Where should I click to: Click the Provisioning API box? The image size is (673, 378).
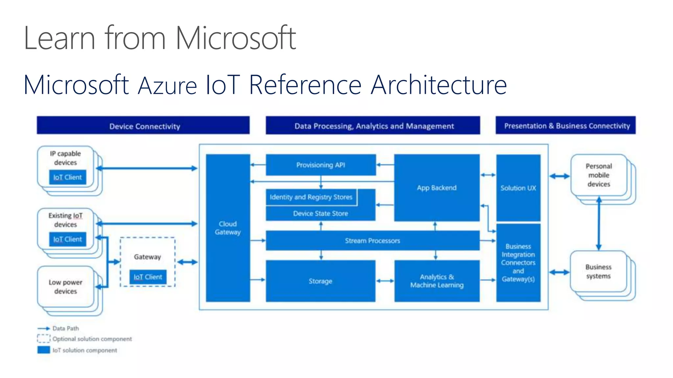point(321,165)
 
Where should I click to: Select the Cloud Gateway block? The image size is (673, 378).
point(228,228)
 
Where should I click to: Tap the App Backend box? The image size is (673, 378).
point(437,188)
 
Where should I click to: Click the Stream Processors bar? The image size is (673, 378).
point(372,241)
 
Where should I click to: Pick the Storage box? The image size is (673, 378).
point(320,281)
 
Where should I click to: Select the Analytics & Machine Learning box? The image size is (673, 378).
point(437,281)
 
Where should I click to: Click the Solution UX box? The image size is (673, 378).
point(518,188)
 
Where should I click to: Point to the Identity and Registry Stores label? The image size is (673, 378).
point(311,197)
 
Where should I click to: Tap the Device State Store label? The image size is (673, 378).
point(320,213)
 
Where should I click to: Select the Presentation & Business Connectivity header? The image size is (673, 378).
point(566,126)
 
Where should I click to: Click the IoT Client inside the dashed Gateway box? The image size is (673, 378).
point(148,277)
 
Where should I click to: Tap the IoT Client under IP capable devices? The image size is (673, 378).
point(68,177)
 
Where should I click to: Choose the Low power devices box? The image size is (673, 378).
point(66,287)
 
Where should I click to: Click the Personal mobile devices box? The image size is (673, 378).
point(599,175)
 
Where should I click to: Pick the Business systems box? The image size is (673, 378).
point(598,271)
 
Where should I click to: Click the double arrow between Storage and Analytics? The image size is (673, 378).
point(385,281)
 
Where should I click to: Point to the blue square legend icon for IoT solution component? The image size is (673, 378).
point(44,350)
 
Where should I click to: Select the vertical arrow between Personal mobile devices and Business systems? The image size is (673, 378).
point(599,223)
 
